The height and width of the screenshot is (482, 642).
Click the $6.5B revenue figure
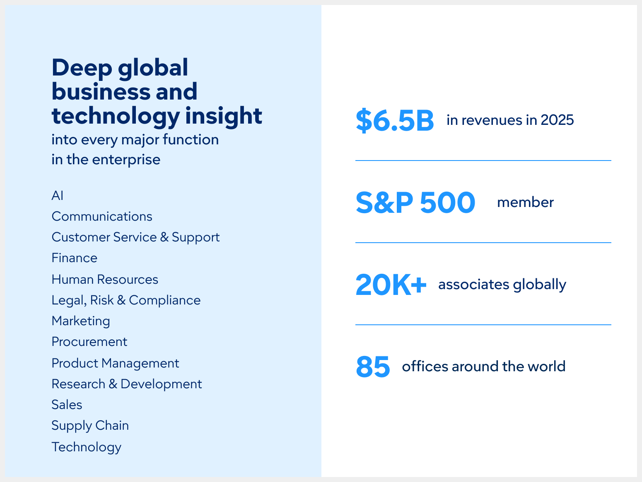click(x=394, y=121)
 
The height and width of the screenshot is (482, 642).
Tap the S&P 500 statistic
click(x=415, y=203)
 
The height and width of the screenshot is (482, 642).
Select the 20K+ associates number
click(x=391, y=285)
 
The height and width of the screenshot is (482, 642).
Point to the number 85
click(x=373, y=367)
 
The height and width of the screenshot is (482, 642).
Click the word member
click(x=525, y=202)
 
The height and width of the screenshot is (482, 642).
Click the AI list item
click(x=58, y=195)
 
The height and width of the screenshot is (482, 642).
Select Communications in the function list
click(x=102, y=217)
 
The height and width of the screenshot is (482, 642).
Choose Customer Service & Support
click(x=135, y=237)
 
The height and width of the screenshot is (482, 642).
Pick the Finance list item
click(x=75, y=258)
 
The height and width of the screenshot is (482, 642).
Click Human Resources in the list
click(x=105, y=280)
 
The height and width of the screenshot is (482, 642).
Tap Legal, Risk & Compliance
click(x=126, y=300)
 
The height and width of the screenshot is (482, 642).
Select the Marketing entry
click(x=81, y=321)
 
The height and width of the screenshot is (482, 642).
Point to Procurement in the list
click(x=89, y=342)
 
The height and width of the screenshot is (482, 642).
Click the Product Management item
click(x=115, y=363)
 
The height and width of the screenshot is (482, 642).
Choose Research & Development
click(x=127, y=384)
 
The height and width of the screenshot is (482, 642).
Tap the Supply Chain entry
click(x=90, y=426)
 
